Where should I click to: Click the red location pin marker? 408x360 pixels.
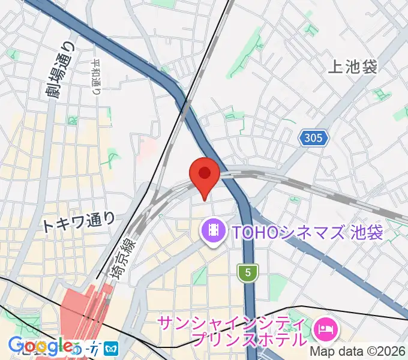pos(204,176)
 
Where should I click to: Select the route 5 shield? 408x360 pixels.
pos(247,272)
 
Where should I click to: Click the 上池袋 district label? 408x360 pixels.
pos(353,67)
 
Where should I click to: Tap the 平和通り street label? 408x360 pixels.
pos(97,77)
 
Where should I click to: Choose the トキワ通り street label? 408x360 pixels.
pos(79,223)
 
